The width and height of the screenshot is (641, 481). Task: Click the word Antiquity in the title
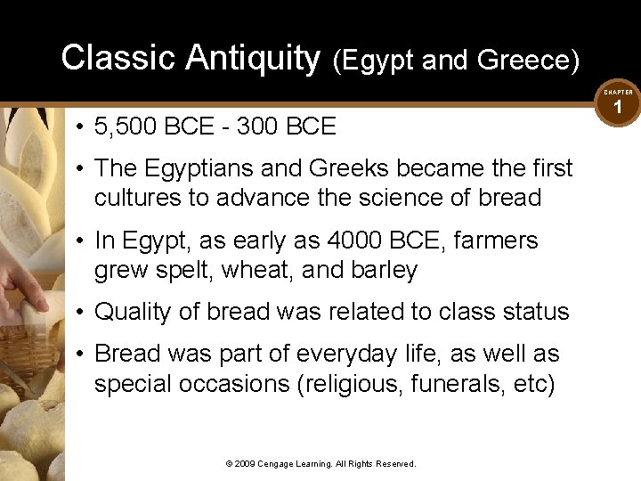coord(252,58)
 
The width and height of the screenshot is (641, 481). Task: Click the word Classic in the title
coord(118,58)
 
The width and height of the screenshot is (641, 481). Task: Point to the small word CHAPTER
coord(618,92)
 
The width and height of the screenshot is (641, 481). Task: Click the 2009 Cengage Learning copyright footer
coord(320,463)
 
